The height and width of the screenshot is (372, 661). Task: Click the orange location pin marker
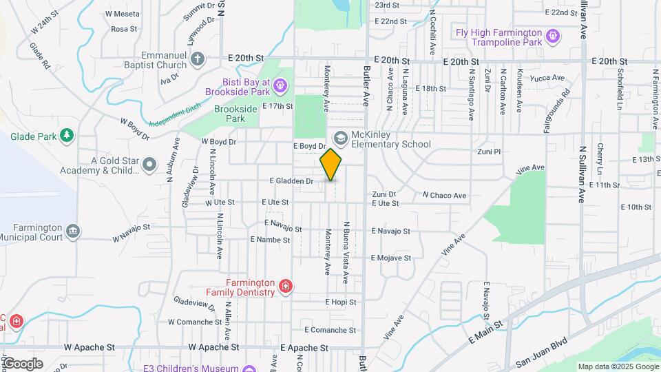331,164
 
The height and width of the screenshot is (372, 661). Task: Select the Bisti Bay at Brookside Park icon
279,85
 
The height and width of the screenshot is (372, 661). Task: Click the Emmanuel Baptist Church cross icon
198,59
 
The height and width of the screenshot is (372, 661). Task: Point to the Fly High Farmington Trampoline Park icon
552,35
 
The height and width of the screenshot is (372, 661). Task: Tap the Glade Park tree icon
67,136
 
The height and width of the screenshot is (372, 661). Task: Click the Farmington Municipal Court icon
73,231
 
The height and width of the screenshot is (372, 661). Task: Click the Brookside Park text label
235,114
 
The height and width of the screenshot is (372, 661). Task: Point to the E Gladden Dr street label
291,181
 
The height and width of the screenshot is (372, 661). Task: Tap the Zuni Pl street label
487,151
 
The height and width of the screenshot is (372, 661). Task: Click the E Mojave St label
390,258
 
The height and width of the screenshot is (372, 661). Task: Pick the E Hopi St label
341,302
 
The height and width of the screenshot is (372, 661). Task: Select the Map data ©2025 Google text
618,366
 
